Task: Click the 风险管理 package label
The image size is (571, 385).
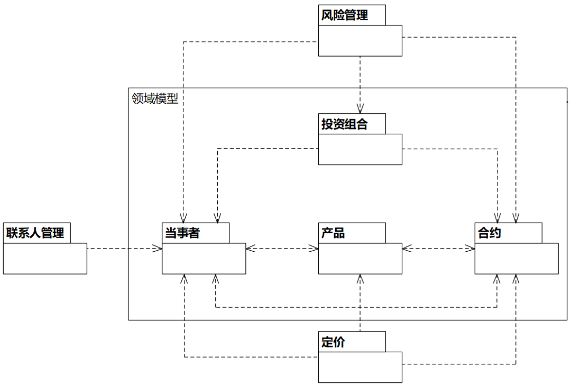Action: [x=345, y=15]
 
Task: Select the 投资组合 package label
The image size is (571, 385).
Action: [x=344, y=124]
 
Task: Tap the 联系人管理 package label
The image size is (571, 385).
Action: [x=35, y=233]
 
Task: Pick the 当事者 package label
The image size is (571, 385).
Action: [x=182, y=233]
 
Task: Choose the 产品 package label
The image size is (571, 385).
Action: [x=333, y=233]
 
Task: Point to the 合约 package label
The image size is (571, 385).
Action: [x=490, y=233]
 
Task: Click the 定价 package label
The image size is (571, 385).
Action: [x=333, y=342]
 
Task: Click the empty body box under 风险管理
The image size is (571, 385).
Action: [x=360, y=41]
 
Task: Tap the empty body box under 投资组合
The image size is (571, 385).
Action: [x=360, y=149]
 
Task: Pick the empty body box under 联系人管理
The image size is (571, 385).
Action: [x=45, y=259]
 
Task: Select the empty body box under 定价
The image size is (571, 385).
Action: [x=360, y=367]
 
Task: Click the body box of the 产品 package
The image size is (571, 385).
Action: [x=360, y=259]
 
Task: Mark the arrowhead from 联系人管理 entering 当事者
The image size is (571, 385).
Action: [x=158, y=248]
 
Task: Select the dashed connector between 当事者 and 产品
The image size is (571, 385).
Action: [x=282, y=247]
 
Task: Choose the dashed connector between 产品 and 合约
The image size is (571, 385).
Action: [x=438, y=247]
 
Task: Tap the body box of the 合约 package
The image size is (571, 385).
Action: [x=517, y=259]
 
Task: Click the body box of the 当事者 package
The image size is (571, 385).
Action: [x=204, y=259]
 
